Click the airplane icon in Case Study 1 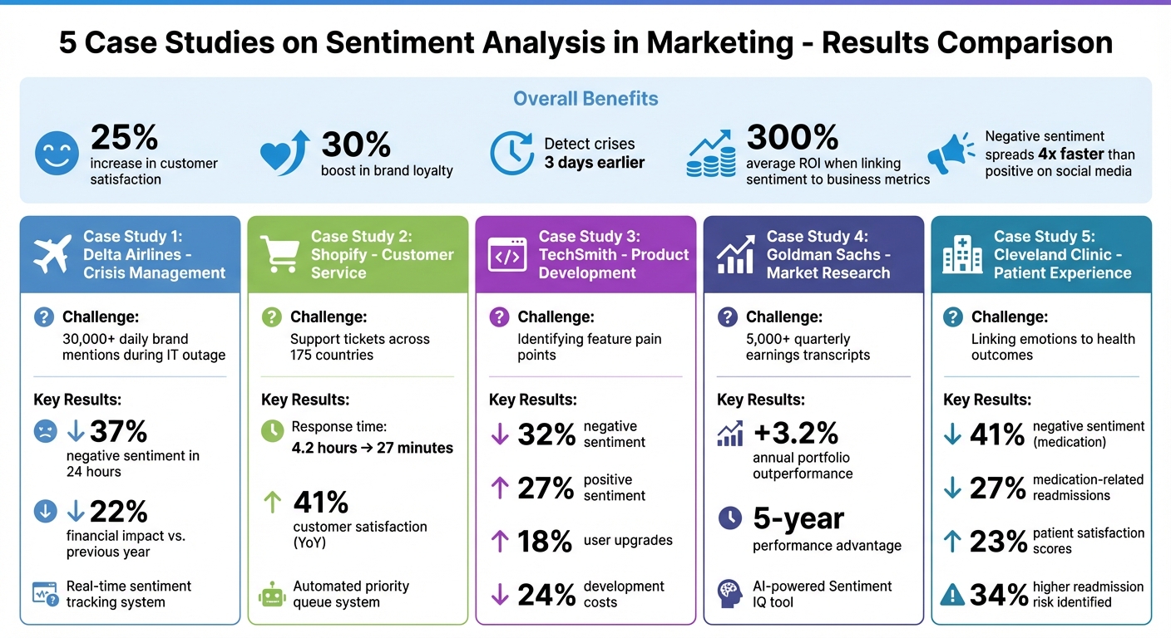52,254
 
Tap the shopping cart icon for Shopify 279,254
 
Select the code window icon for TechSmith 507,254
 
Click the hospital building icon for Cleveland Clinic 962,254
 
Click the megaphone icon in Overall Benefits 951,153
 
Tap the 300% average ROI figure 781,138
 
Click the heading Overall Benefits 585,99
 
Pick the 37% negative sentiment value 118,432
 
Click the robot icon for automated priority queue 272,594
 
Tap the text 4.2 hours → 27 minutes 372,448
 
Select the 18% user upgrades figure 545,542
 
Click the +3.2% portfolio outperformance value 795,432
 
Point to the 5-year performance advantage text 798,519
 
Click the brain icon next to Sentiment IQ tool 729,593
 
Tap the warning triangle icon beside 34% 952,595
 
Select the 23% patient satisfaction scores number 998,542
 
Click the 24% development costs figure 546,595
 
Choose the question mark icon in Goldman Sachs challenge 727,317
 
